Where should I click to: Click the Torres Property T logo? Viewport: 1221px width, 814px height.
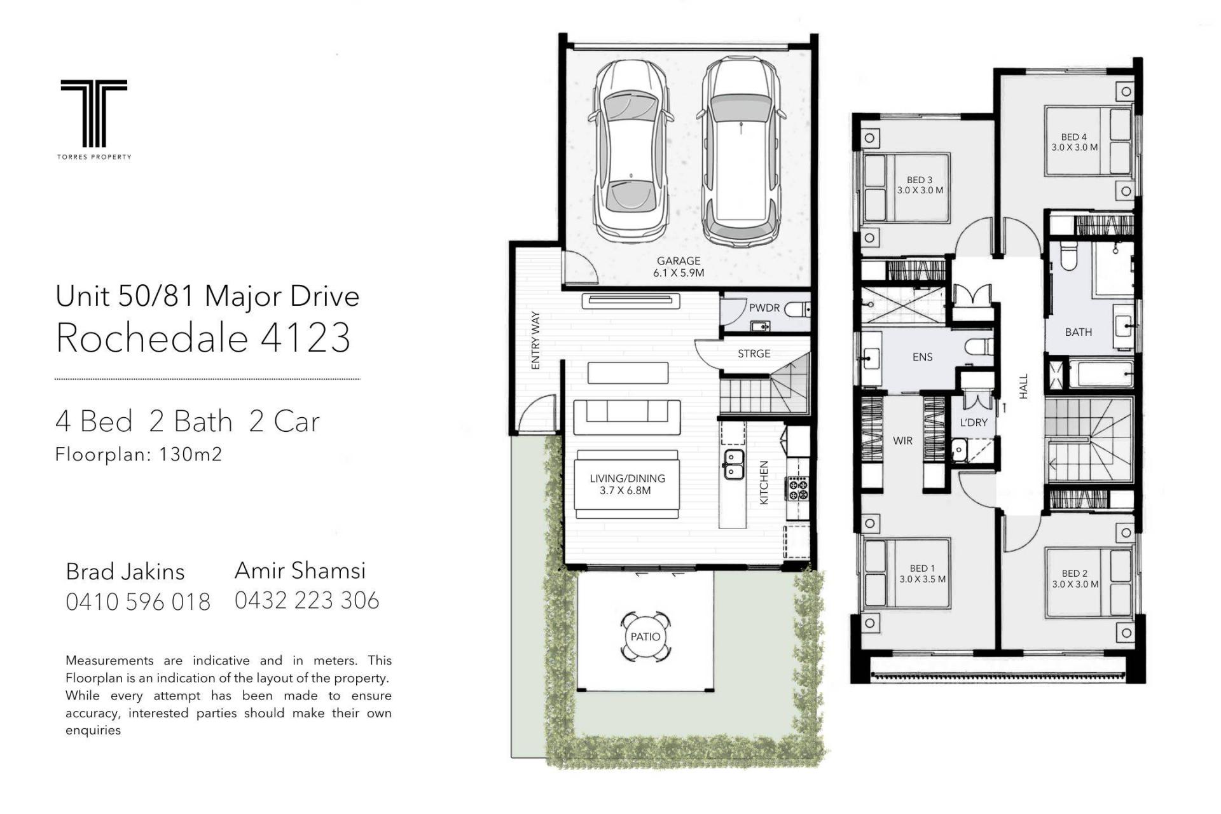pos(93,113)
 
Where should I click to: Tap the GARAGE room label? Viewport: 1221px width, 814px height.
pos(679,261)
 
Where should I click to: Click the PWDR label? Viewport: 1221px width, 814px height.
pos(764,308)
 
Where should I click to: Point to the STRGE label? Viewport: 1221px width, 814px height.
pos(754,354)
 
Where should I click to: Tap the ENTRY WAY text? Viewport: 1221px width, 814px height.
pos(535,340)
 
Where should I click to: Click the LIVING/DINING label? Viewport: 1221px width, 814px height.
pos(627,478)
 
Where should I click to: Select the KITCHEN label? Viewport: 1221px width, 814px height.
pos(764,483)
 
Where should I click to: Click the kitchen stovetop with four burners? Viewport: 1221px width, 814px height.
pos(798,488)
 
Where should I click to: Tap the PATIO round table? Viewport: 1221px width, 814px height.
pos(645,637)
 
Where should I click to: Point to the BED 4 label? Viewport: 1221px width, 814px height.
pos(1074,137)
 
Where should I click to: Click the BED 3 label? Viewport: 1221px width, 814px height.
pos(920,180)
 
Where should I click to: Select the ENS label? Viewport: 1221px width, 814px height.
pos(922,357)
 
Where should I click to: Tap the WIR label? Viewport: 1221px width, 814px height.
pos(902,441)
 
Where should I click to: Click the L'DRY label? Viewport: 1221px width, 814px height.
pos(974,422)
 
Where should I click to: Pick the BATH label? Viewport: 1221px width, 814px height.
pos(1079,332)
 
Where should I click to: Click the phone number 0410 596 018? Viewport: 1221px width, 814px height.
pos(138,602)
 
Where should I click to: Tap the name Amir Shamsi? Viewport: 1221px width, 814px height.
pos(300,570)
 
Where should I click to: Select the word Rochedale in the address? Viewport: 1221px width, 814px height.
pos(151,337)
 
